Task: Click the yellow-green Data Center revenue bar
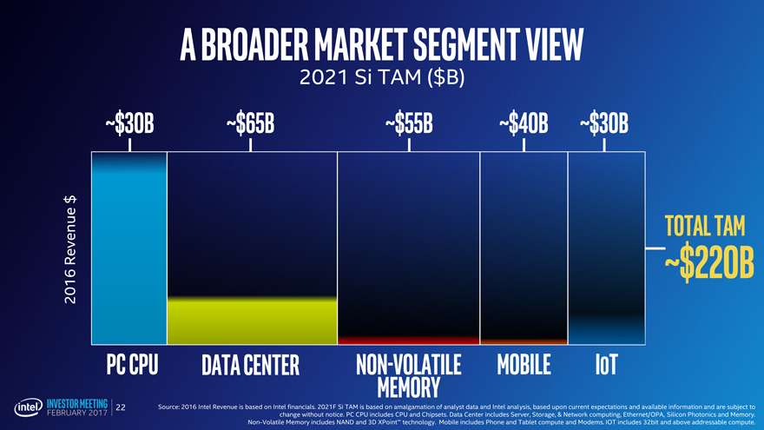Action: [x=251, y=320]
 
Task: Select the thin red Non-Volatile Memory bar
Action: [x=408, y=340]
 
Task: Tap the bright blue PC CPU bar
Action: [x=128, y=252]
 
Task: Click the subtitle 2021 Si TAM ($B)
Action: [x=382, y=78]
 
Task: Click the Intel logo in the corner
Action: [x=23, y=407]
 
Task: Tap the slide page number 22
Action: [x=121, y=407]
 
